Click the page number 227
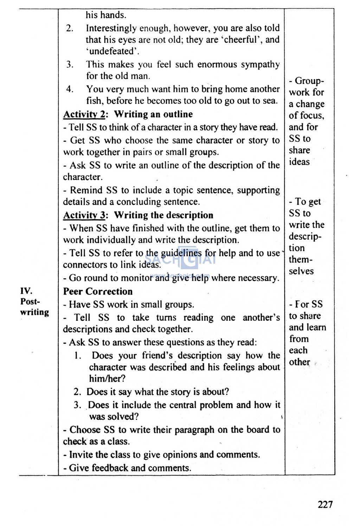point(325,505)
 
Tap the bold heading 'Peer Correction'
point(98,291)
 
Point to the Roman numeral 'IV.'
point(26,291)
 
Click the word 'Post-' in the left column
point(30,302)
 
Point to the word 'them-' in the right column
point(301,260)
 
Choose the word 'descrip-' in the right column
point(305,236)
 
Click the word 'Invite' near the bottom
point(81,455)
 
